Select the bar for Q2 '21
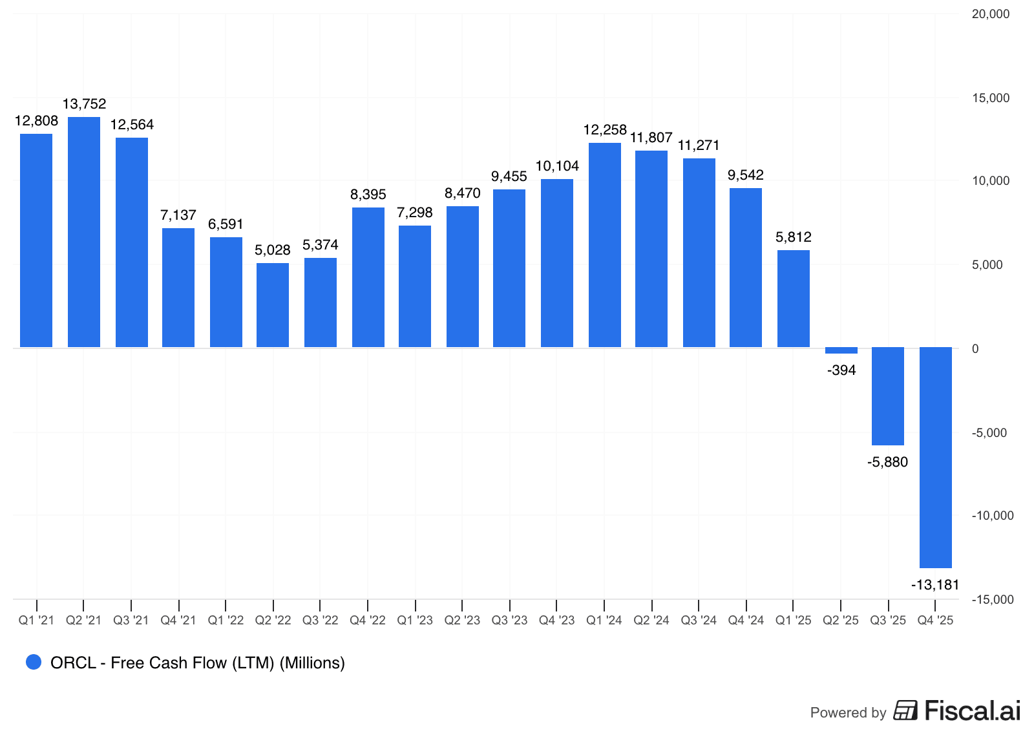(x=84, y=232)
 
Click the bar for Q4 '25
(x=936, y=457)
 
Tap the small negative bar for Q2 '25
(x=841, y=350)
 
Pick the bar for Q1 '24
(x=605, y=245)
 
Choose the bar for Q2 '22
(x=273, y=305)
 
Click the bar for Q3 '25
(x=888, y=396)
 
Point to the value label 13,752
(x=84, y=104)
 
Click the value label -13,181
(x=935, y=585)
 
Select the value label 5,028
(x=273, y=250)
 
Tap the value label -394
(x=841, y=370)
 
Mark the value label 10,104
(x=557, y=166)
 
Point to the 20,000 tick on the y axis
(x=991, y=14)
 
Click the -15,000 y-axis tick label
(x=993, y=599)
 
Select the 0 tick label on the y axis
(x=975, y=349)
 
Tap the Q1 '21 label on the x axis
(x=37, y=621)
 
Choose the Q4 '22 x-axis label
(x=368, y=621)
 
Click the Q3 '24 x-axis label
(x=699, y=621)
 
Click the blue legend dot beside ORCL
(x=34, y=662)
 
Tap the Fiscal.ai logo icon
(x=905, y=710)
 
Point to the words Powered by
(x=848, y=712)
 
